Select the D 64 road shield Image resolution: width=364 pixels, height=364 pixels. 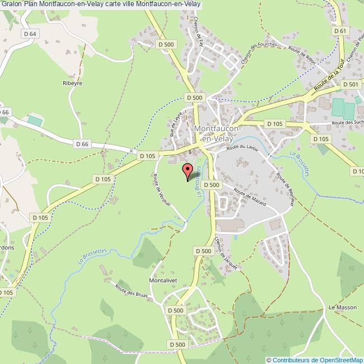[x=31, y=34]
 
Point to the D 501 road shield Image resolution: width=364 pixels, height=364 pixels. [x=350, y=85]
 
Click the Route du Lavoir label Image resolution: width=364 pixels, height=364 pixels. [x=244, y=147]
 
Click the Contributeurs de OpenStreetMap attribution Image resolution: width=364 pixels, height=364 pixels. [x=315, y=360]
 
